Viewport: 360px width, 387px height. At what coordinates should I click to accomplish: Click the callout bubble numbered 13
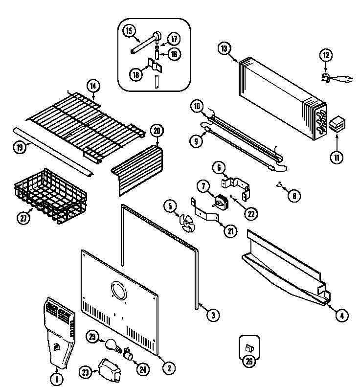[x=224, y=48]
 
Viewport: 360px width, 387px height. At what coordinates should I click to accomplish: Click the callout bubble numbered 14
[x=93, y=86]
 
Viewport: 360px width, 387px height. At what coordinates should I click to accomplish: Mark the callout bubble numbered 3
[x=212, y=315]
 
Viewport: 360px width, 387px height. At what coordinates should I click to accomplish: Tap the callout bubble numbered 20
[x=157, y=131]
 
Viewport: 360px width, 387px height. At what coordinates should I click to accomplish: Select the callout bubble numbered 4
[x=342, y=316]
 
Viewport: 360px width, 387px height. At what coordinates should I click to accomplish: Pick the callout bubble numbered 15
[x=129, y=31]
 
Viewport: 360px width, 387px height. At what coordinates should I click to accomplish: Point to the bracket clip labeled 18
[x=153, y=65]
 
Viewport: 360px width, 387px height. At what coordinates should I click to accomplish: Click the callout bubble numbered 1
[x=57, y=378]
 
